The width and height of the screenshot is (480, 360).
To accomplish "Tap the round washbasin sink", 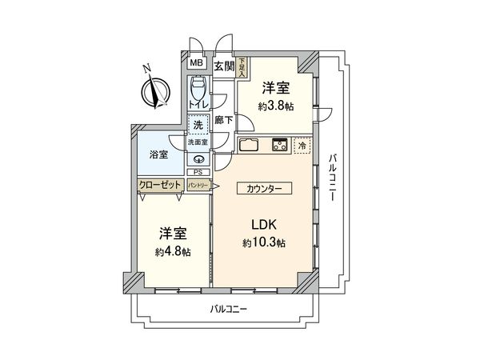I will (x=198, y=158).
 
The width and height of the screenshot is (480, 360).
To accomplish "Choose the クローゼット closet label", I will (x=159, y=184).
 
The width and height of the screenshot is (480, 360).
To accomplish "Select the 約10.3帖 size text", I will (x=264, y=243).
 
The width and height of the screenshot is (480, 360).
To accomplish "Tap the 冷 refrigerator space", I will (x=302, y=146).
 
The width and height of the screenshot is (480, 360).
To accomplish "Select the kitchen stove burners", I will (x=279, y=146).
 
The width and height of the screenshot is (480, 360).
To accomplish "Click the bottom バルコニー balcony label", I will (x=229, y=308).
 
